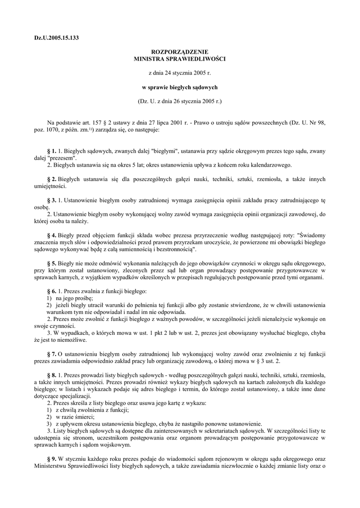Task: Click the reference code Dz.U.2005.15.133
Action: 57,38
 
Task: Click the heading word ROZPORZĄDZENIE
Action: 180,52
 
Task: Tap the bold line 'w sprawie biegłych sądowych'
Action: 180,87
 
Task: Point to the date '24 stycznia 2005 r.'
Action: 188,73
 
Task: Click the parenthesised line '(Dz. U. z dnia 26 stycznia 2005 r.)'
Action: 180,101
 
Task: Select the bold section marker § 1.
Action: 52,151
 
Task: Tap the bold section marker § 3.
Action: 52,200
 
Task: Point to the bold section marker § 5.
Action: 52,262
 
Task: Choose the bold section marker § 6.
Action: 52,291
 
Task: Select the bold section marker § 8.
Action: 52,376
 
